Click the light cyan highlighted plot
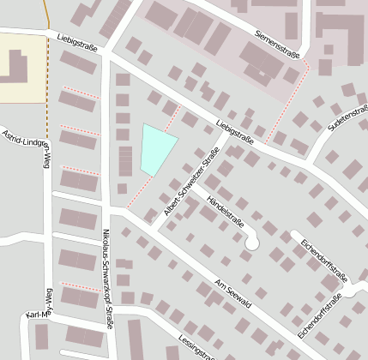pos(155,147)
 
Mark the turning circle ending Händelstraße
pos(251,243)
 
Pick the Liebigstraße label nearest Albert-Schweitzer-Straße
pos(239,129)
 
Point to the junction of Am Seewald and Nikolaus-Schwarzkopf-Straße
pos(108,208)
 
